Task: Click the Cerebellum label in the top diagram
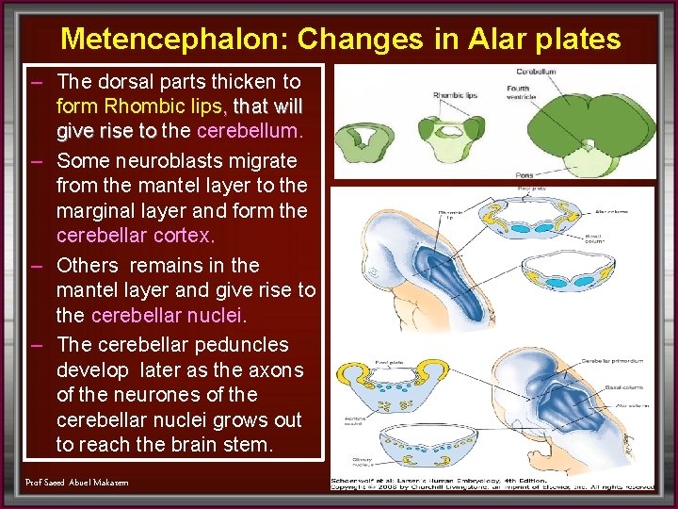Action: (x=535, y=72)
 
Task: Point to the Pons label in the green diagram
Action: (x=525, y=175)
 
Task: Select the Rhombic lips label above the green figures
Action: (x=455, y=95)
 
